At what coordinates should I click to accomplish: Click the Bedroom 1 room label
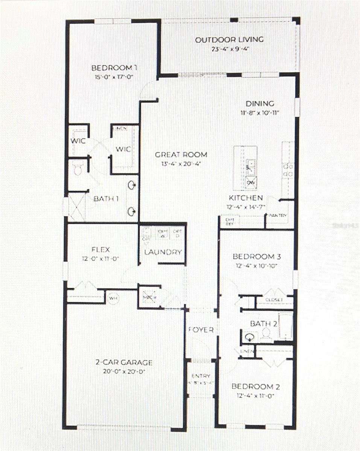(x=114, y=68)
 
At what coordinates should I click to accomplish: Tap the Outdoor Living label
(x=229, y=40)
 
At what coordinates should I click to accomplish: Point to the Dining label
(x=260, y=104)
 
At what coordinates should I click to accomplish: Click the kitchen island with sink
(x=245, y=168)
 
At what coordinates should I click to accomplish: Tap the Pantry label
(x=278, y=216)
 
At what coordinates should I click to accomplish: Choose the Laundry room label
(x=163, y=252)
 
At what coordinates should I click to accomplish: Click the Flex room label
(x=100, y=250)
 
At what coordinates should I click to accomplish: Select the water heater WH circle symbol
(x=112, y=298)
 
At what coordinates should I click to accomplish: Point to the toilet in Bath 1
(x=78, y=170)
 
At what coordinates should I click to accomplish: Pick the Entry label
(x=201, y=376)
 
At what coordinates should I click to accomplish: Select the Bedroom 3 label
(x=257, y=257)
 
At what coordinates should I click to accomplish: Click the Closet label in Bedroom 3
(x=274, y=300)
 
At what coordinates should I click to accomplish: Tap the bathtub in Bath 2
(x=285, y=326)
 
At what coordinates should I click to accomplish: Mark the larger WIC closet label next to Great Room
(x=123, y=149)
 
